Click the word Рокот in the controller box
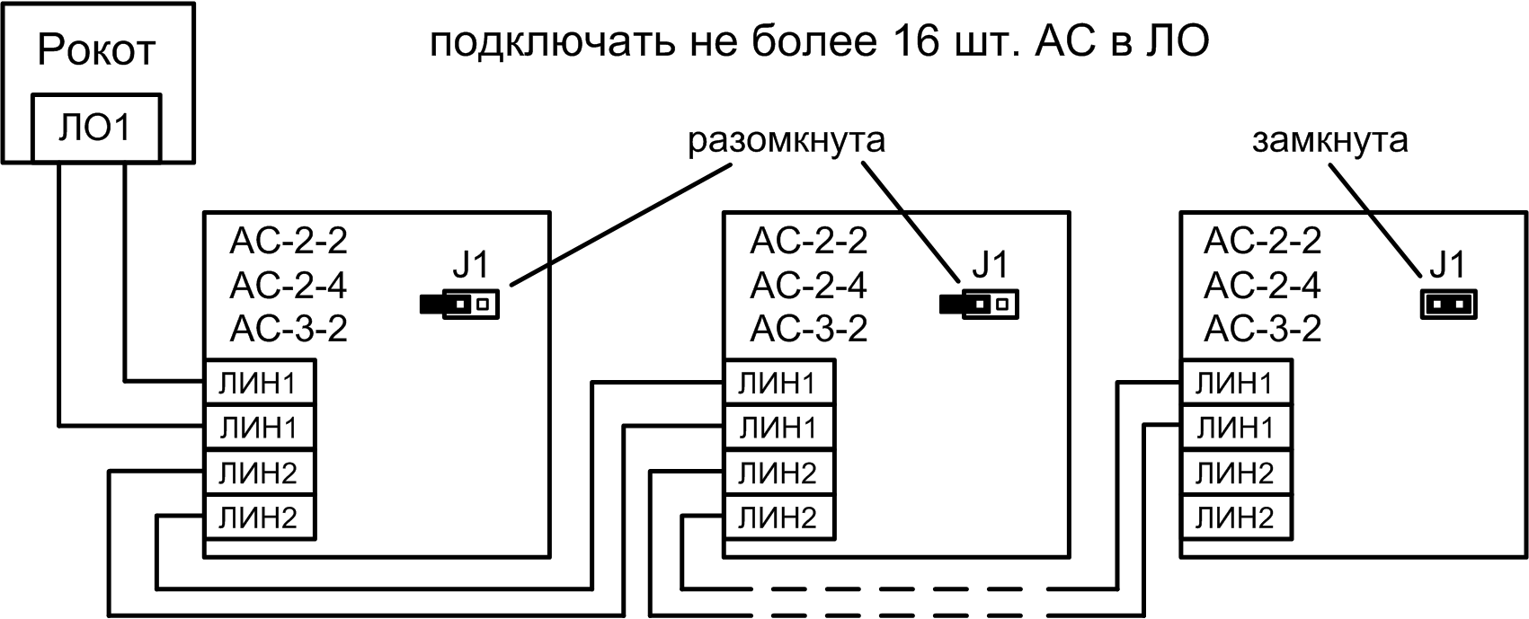click(x=96, y=50)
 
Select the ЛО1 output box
click(x=96, y=128)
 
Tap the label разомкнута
click(x=787, y=141)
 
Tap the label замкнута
click(x=1329, y=141)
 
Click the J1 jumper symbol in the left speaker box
click(x=459, y=305)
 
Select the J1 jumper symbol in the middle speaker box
click(x=979, y=305)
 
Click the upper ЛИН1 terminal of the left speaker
click(x=259, y=385)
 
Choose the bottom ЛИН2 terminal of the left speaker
click(x=259, y=517)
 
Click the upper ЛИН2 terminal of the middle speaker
click(x=778, y=473)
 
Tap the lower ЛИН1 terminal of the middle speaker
click(x=778, y=429)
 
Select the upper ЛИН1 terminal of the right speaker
click(x=1235, y=385)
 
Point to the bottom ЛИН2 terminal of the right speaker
click(x=1235, y=517)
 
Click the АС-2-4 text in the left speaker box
click(x=289, y=286)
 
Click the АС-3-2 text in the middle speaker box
click(x=808, y=329)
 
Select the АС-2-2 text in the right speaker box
click(x=1262, y=241)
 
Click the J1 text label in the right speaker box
click(x=1446, y=265)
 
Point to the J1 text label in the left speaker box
click(x=471, y=265)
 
